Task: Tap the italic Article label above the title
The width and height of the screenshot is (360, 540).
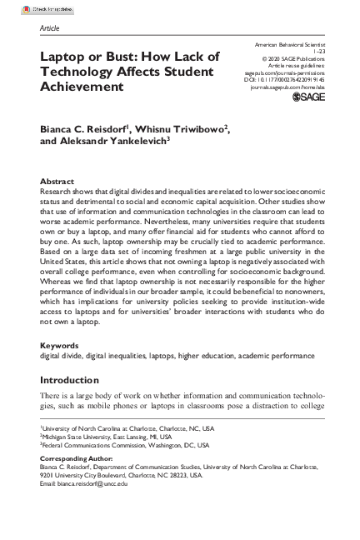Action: coord(49,27)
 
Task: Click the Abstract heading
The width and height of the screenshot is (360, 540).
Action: coord(57,182)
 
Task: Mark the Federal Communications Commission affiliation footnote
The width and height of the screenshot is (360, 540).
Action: coord(126,468)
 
